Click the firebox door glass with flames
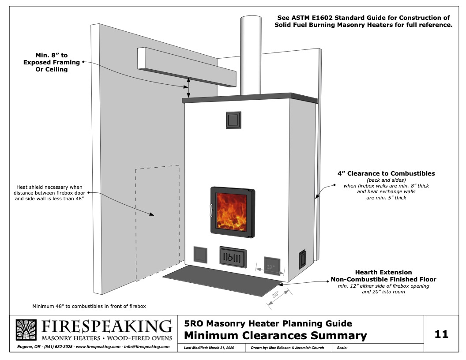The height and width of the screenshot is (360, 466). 231,212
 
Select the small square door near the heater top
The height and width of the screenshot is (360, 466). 233,120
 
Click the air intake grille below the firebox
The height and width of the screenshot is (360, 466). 233,257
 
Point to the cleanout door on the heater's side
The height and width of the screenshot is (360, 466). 302,259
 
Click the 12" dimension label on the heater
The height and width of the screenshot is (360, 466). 271,267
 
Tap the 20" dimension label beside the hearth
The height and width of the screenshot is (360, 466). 275,294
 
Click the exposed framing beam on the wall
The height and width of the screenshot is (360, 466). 187,67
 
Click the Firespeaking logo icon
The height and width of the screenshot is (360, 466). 26,330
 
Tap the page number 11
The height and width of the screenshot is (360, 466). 441,334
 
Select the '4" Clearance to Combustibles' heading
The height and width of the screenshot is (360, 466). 386,173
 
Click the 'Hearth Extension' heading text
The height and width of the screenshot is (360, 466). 383,272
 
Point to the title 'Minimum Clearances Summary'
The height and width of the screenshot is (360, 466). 275,335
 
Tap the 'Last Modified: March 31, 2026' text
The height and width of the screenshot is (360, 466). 209,348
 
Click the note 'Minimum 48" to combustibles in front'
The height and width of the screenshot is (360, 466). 89,306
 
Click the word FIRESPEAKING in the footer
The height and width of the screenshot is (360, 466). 107,326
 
